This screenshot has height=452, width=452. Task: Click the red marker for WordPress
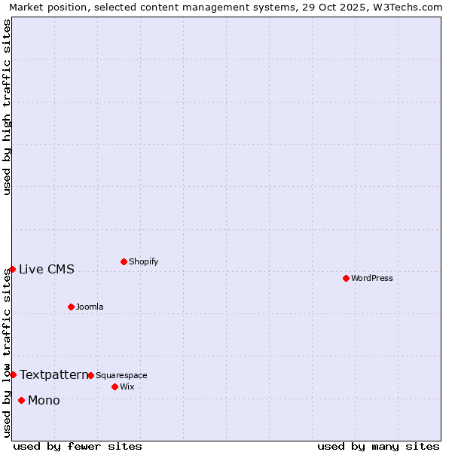[346, 278]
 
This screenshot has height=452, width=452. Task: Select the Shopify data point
[124, 261]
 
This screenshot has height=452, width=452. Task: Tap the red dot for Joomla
[71, 307]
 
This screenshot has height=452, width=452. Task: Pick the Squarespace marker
[90, 375]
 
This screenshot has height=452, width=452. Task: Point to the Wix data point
[115, 386]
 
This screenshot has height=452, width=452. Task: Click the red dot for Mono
[21, 400]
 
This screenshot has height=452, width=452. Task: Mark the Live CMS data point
[12, 269]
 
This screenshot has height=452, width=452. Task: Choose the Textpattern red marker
[13, 374]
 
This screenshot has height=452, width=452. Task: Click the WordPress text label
[372, 278]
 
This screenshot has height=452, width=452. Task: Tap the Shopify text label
[143, 261]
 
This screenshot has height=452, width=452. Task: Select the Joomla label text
[90, 307]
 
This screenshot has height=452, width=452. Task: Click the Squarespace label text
[121, 375]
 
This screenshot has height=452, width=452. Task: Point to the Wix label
[127, 386]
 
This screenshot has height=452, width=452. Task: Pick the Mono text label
[44, 400]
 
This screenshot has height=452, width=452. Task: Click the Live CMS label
[47, 269]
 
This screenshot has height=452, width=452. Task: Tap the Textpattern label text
[53, 374]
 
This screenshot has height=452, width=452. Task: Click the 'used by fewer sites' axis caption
[78, 446]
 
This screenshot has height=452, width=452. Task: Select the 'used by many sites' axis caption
[378, 446]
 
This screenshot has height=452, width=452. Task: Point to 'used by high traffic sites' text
[7, 107]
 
